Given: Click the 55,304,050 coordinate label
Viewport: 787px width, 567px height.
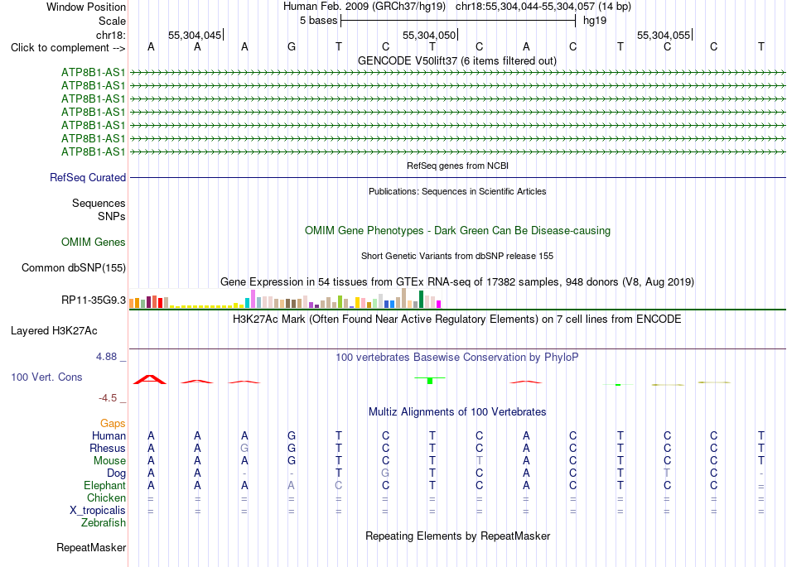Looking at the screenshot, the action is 428,35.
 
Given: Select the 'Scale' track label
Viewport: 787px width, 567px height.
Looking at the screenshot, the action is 112,21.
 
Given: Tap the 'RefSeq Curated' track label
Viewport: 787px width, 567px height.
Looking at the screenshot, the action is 88,177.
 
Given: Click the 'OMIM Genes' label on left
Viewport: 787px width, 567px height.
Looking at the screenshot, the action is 94,243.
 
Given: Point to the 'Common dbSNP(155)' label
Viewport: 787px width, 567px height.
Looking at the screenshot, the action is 74,267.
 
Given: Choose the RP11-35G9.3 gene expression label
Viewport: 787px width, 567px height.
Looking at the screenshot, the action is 94,300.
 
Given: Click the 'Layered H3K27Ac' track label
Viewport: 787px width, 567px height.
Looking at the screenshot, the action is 54,331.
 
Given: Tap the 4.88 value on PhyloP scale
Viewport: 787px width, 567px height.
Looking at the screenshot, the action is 106,357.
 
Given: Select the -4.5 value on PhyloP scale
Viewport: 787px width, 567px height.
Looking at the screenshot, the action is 108,398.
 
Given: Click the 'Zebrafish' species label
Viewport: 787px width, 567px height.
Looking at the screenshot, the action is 104,523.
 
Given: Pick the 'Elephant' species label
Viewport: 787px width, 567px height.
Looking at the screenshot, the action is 105,486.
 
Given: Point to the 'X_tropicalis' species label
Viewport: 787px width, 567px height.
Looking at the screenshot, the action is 98,511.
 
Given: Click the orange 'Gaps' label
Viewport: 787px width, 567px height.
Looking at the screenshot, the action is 113,424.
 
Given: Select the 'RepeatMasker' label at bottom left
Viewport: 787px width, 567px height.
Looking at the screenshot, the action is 91,547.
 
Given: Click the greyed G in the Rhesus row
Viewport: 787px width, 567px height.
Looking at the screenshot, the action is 244,448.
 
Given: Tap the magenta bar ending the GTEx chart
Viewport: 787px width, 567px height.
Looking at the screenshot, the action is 439,304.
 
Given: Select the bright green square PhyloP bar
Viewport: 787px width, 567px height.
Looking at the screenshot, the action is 430,381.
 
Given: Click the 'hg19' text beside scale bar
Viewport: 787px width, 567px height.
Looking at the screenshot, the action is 595,21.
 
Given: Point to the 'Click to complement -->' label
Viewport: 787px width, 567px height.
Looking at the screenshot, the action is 68,48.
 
